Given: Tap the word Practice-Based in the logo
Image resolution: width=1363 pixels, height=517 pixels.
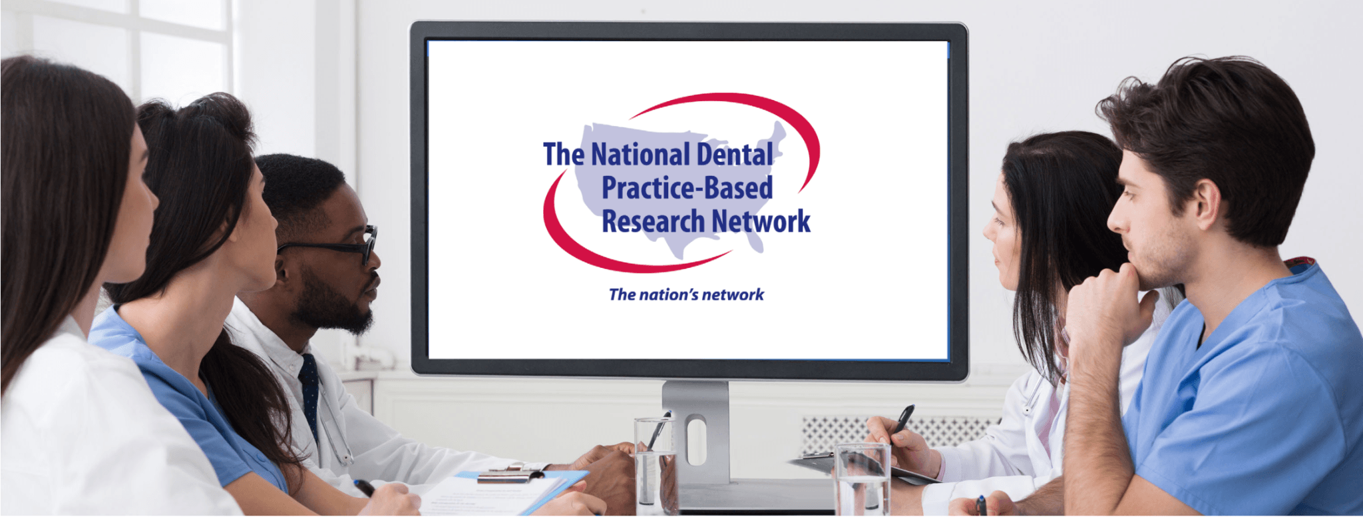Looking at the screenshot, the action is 687,189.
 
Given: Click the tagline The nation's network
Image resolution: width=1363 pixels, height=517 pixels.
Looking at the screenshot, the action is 686,294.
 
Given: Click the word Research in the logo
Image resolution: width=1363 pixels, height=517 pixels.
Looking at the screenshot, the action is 653,221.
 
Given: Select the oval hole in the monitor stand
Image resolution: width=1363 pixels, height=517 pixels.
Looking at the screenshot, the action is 696,440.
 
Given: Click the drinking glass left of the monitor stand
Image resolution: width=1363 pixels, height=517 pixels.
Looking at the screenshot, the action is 655,463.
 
